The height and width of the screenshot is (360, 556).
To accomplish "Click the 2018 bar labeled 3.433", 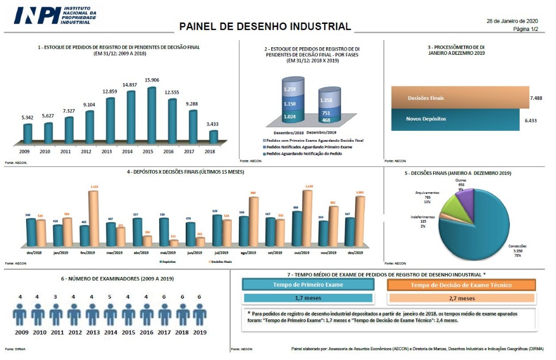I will click(213, 137).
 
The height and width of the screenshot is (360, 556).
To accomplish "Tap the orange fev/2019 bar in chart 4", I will click(93, 217).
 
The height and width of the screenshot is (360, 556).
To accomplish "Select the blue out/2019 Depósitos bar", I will click(297, 228).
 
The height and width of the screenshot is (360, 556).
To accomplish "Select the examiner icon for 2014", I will click(110, 314).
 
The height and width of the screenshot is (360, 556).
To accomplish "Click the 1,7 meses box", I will click(308, 298).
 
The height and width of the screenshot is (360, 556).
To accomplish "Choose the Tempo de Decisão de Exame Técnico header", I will click(462, 285).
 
